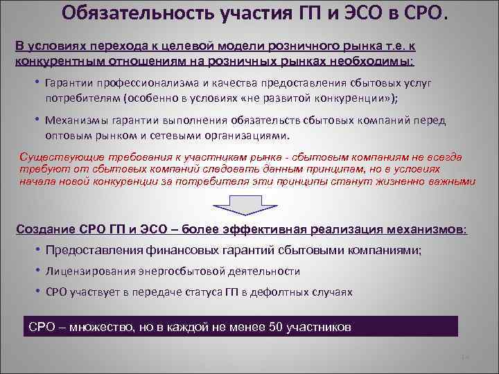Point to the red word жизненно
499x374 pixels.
tap(396, 181)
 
